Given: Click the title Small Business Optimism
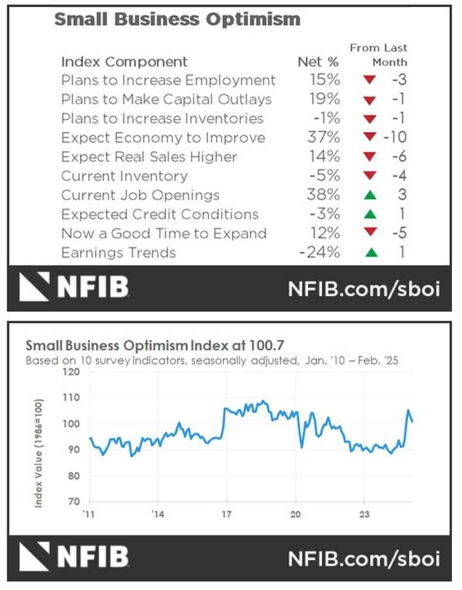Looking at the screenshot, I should pos(177,19).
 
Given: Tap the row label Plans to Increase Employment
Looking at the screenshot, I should pos(168,80).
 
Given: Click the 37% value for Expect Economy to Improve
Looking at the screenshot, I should pos(325,138).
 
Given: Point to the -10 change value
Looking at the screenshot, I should pos(395,138).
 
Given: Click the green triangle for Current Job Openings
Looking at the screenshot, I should pos(371,195).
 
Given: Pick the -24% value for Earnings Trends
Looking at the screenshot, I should pos(320,253).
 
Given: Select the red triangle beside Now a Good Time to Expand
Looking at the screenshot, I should pos(371,234).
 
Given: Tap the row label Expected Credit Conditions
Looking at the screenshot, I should pos(160,215).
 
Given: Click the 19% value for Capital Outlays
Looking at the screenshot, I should pos(325,100).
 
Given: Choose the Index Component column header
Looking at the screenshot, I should pos(124,62).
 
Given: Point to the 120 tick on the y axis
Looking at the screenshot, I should pos(70,372).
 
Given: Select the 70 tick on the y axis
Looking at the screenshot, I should pos(73,502).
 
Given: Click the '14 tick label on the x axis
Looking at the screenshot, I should pos(157,513).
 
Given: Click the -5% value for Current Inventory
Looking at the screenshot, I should pos(325,176).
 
